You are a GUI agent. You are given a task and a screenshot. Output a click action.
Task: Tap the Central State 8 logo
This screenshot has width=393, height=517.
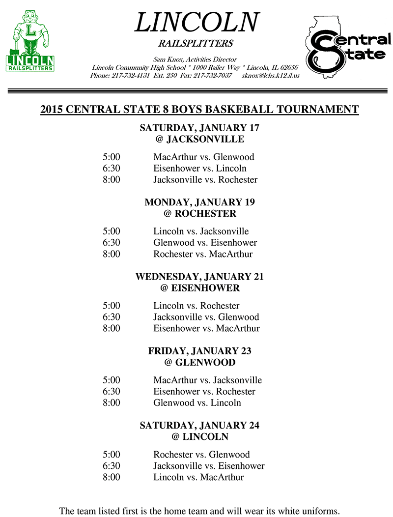click(346, 48)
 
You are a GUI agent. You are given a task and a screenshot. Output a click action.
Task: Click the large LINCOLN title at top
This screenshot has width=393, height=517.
click(196, 22)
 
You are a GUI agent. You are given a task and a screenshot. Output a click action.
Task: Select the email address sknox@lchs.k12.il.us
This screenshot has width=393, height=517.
click(271, 76)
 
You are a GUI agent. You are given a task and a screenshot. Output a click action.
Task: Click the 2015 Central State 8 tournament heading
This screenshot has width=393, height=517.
click(199, 109)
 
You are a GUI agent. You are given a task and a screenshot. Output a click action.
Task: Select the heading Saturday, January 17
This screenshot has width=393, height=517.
click(199, 128)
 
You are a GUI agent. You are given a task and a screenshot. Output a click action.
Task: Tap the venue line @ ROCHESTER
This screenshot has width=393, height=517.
click(199, 214)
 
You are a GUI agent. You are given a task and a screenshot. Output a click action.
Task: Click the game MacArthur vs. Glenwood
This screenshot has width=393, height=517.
click(203, 157)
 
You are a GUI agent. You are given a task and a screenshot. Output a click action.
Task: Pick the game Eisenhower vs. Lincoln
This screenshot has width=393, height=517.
click(200, 169)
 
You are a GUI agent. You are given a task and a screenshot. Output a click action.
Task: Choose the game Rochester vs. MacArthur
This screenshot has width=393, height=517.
click(203, 254)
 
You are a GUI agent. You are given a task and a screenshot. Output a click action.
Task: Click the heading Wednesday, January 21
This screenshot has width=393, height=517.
click(199, 277)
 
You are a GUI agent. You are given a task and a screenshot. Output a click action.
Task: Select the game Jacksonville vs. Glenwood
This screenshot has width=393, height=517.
click(206, 317)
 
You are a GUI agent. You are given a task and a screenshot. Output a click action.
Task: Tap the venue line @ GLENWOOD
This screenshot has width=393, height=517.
click(199, 363)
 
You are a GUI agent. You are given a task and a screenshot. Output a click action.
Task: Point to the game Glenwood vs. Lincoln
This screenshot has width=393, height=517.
click(197, 403)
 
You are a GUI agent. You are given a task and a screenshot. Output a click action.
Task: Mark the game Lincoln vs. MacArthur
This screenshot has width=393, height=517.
click(198, 477)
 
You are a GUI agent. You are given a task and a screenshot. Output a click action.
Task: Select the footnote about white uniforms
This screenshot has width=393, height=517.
click(199, 511)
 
